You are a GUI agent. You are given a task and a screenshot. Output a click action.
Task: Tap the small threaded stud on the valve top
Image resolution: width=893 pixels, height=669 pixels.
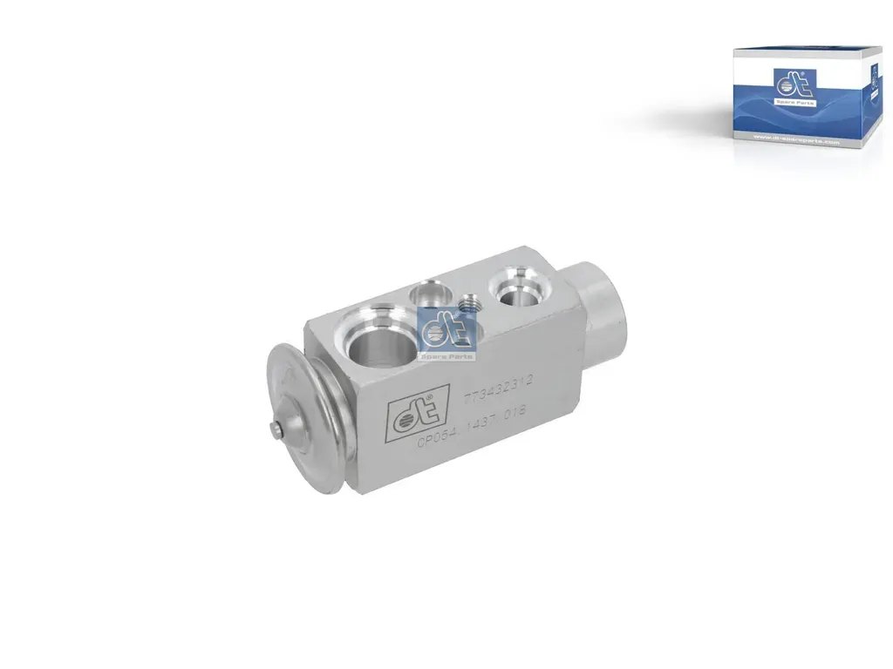click(x=470, y=305)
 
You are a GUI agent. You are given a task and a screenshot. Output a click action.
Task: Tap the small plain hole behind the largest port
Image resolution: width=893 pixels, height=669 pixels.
click(x=428, y=291)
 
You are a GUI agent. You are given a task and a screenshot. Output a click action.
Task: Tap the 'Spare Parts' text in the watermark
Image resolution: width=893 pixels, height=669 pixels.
click(x=448, y=355)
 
